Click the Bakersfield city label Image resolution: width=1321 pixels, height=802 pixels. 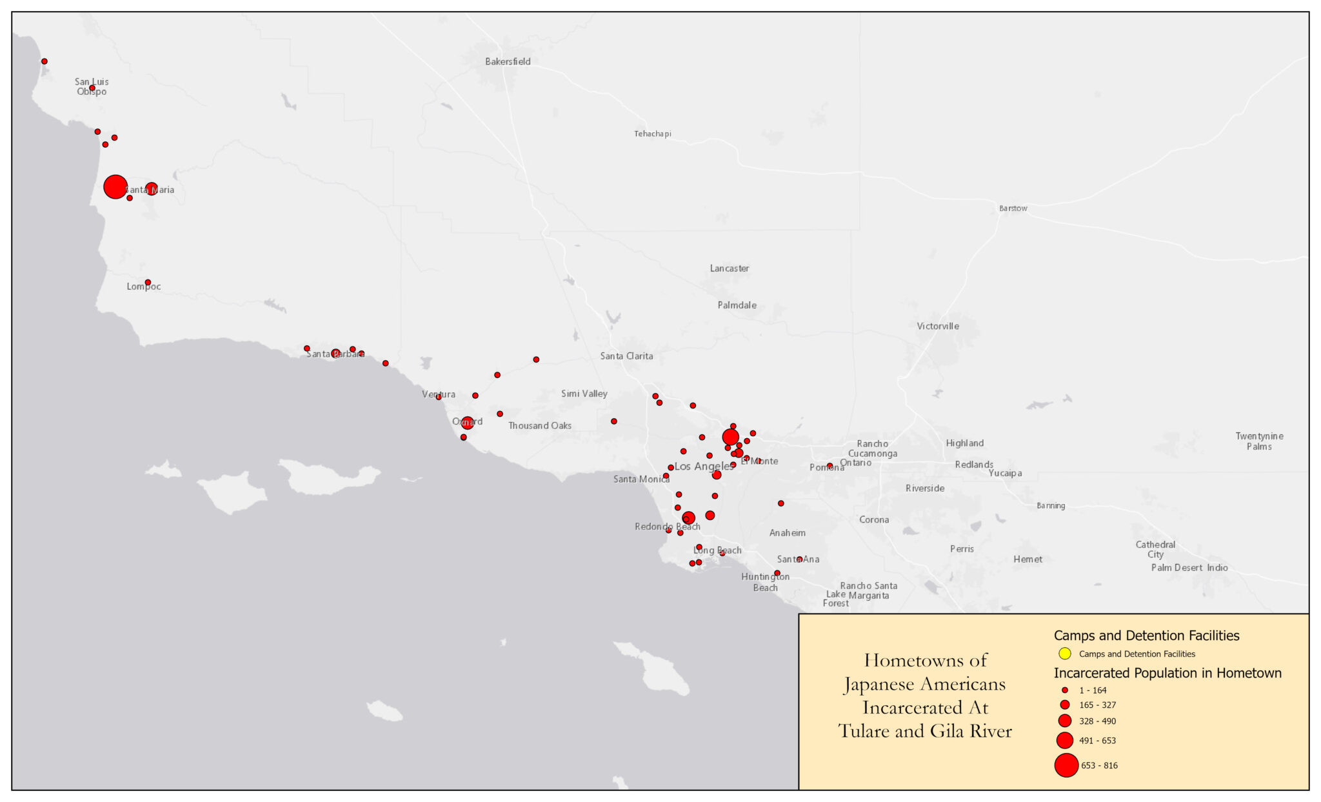(508, 62)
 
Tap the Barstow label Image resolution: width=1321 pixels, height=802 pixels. (1013, 208)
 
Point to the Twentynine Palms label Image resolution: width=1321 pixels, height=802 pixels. (1258, 441)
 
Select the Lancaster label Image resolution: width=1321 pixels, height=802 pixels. (729, 268)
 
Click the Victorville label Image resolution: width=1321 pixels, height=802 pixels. (937, 326)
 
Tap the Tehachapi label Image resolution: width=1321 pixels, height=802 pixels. (652, 134)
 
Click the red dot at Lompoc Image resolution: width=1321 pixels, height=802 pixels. (148, 283)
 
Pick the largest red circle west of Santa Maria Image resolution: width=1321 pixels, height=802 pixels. (115, 187)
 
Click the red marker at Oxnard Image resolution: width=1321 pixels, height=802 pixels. (467, 423)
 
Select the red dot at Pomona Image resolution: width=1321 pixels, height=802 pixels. (829, 466)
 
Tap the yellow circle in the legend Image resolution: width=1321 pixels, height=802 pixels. (1065, 654)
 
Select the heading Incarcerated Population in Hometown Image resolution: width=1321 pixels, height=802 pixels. (1167, 673)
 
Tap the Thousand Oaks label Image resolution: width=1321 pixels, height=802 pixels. (539, 426)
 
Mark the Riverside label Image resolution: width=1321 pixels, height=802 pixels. (924, 488)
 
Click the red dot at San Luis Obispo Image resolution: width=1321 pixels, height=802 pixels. (92, 88)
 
